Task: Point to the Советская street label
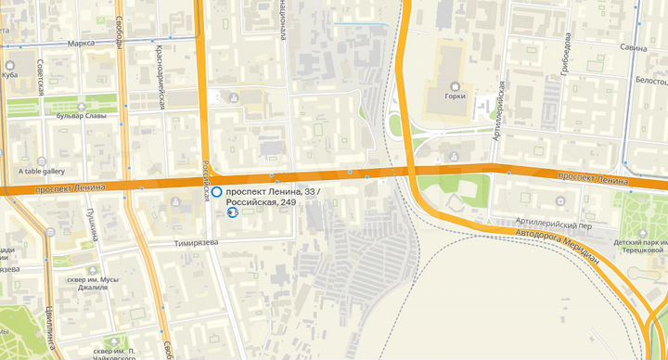pyautogui.click(x=41, y=78)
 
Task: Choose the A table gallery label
pyautogui.click(x=42, y=171)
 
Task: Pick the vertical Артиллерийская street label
pyautogui.click(x=500, y=109)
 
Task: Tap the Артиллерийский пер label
pyautogui.click(x=555, y=225)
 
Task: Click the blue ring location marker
pyautogui.click(x=216, y=192)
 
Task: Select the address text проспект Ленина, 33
pyautogui.click(x=277, y=191)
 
